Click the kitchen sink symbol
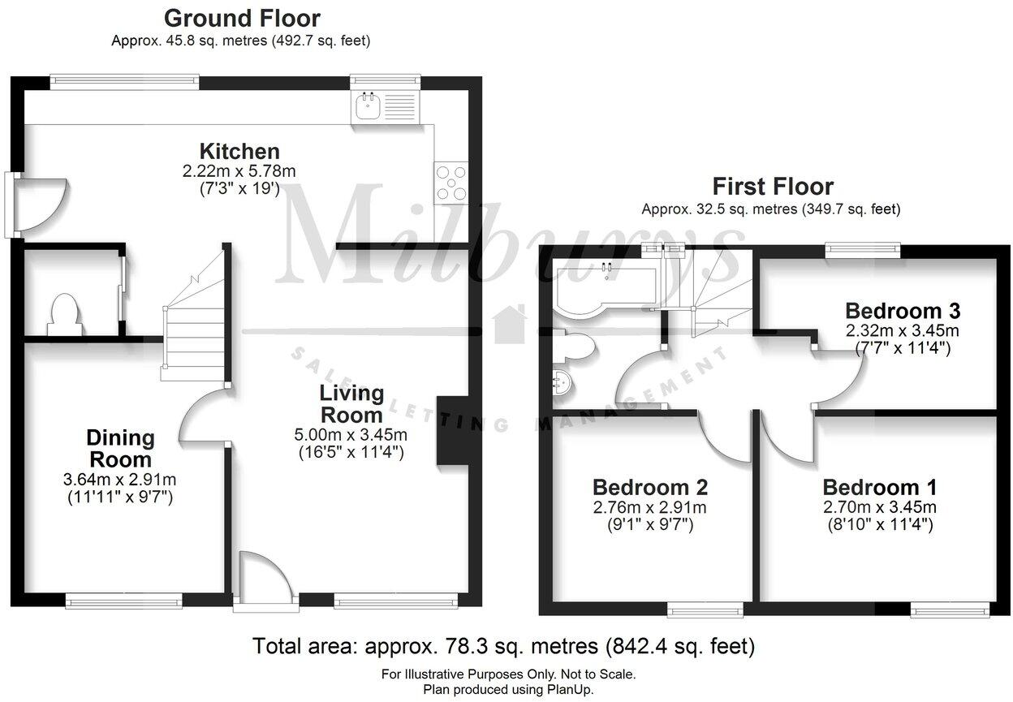(384, 106)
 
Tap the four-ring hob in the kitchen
(450, 182)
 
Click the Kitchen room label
(239, 151)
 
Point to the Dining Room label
(120, 449)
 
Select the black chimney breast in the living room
(452, 430)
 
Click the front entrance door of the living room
(261, 578)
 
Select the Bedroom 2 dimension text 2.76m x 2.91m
(649, 508)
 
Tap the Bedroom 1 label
(879, 488)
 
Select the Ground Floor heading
(242, 18)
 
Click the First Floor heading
(772, 187)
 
